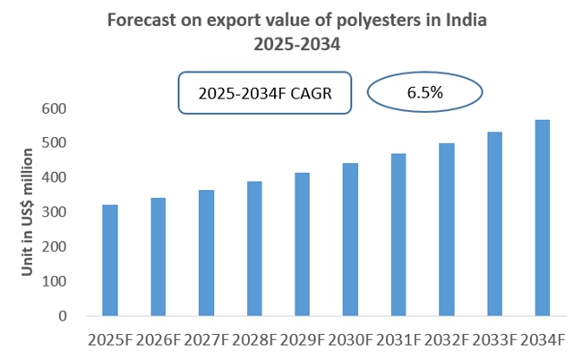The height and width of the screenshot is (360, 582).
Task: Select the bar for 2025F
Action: tap(110, 260)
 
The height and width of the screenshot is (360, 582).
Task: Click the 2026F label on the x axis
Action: tap(158, 340)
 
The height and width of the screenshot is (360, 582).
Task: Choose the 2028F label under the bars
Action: tap(255, 340)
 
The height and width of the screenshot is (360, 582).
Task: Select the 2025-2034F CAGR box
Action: tap(263, 93)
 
